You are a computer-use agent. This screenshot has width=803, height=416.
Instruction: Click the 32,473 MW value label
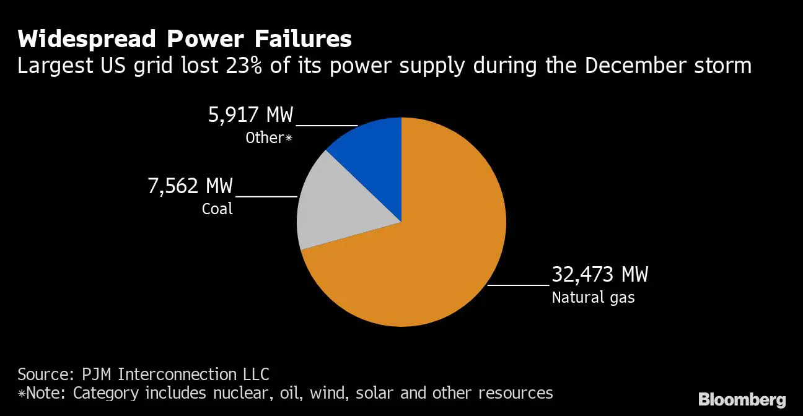pyautogui.click(x=600, y=274)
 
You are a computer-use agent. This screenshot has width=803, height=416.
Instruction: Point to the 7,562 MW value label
pyautogui.click(x=190, y=186)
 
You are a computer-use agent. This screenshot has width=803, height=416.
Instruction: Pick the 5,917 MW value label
pyautogui.click(x=250, y=115)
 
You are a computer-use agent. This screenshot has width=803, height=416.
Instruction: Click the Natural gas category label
pyautogui.click(x=593, y=298)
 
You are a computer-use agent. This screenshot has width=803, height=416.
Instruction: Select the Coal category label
pyautogui.click(x=217, y=209)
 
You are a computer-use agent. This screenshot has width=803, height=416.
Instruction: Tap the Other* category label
pyautogui.click(x=268, y=138)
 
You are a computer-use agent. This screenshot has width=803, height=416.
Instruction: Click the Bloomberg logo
pyautogui.click(x=742, y=399)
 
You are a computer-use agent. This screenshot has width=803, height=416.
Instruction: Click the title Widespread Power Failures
pyautogui.click(x=184, y=39)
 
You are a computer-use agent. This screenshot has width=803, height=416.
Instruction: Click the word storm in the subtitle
pyautogui.click(x=726, y=65)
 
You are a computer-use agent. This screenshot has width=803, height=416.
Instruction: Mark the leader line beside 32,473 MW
pyautogui.click(x=518, y=285)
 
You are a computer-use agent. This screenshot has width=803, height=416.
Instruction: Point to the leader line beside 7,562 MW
pyautogui.click(x=266, y=196)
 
